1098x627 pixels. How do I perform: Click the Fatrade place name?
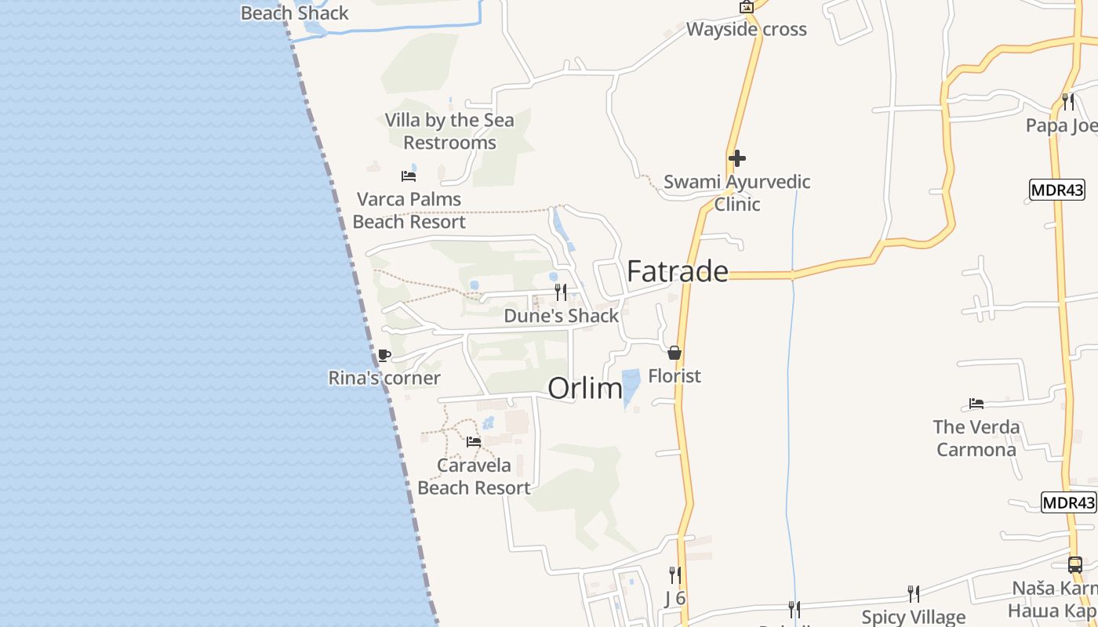pos(678,271)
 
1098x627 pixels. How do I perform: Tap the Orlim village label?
pos(584,388)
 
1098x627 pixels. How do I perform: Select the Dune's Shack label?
pos(562,316)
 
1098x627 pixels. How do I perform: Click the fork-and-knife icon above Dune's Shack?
pos(561,292)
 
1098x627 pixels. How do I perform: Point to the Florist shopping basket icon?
pos(674,353)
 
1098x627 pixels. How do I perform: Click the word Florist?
pos(674,376)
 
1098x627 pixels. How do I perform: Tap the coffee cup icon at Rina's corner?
pos(384,356)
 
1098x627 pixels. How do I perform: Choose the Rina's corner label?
pos(384,379)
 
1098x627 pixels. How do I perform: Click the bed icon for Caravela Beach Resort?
pos(474,442)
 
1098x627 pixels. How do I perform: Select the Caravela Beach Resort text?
pos(474,477)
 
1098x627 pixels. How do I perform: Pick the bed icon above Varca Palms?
pos(409,176)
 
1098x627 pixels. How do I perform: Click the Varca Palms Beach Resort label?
pos(409,210)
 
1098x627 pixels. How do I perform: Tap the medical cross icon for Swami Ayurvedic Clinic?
pos(737,158)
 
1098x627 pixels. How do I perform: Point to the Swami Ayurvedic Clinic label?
pos(737,193)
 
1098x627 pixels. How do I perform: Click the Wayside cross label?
pos(747,30)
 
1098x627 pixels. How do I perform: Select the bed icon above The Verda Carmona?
pos(976,404)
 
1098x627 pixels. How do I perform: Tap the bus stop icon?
pos(1075,564)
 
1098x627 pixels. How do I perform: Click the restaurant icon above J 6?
pos(674,575)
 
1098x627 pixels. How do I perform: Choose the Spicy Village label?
pos(914,617)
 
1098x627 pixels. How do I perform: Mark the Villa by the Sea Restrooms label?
pos(449,132)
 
